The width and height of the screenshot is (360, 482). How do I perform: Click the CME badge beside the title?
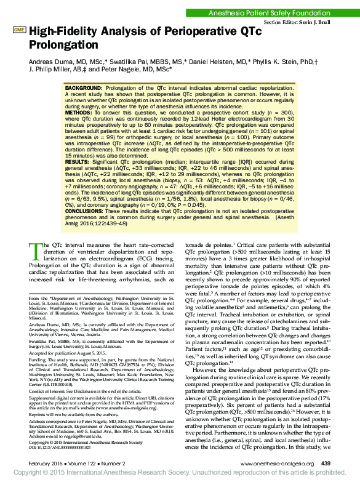[x=20, y=30]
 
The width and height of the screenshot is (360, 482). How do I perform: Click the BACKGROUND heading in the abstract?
[x=84, y=89]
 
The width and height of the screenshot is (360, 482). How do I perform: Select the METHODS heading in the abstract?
[x=78, y=113]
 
